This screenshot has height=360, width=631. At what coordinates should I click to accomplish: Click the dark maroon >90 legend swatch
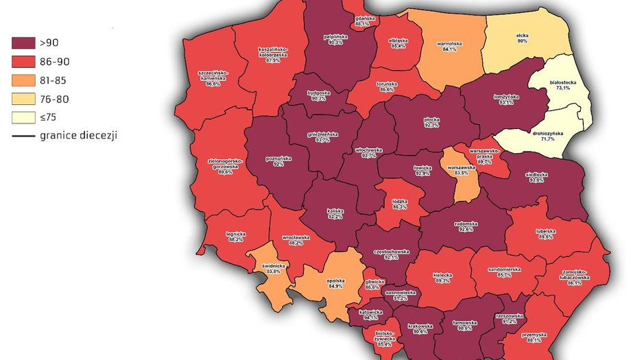pos(25,43)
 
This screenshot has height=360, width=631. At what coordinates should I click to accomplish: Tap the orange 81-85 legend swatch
pos(25,80)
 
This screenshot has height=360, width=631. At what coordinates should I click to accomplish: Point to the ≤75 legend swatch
pos(25,117)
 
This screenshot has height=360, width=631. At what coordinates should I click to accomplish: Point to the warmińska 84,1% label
pos(450,46)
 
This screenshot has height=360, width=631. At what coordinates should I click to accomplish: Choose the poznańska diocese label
pos(278,162)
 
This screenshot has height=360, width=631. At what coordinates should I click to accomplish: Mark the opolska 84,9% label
pos(335,283)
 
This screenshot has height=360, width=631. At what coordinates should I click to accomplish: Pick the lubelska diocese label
pos(545,235)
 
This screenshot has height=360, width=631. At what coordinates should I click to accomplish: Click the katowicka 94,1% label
pos(371,315)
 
